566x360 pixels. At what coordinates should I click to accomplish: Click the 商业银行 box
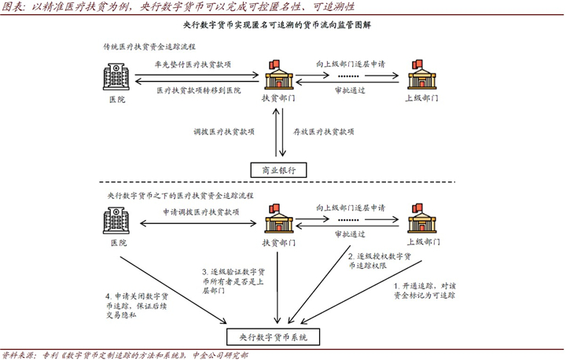pyautogui.click(x=277, y=170)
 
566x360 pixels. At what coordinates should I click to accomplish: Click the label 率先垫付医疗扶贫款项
pyautogui.click(x=197, y=64)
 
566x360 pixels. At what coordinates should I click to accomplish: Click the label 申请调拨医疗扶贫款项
pyautogui.click(x=197, y=211)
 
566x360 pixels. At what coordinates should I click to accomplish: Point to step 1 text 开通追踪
pyautogui.click(x=428, y=291)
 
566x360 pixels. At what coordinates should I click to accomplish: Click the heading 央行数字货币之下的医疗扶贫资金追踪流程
pyautogui.click(x=180, y=194)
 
